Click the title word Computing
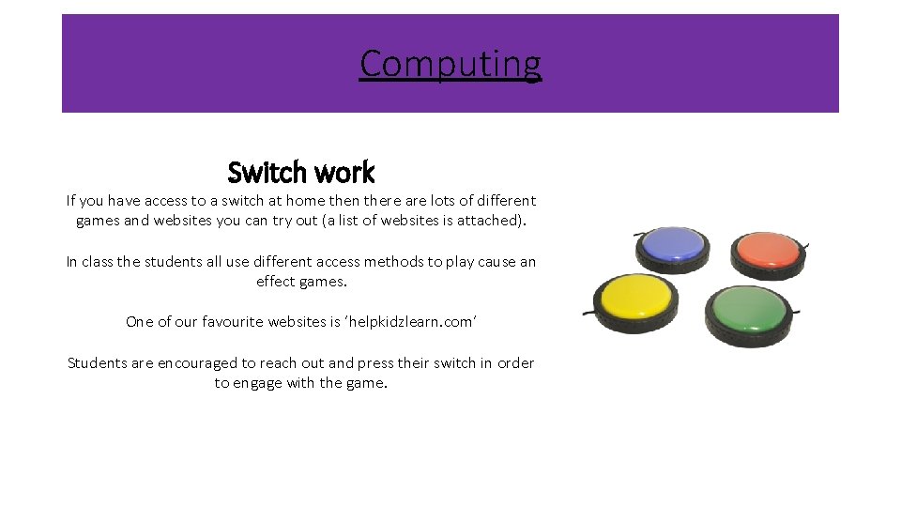[x=450, y=64]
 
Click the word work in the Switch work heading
[x=344, y=173]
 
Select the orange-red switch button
[x=769, y=250]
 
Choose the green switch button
[x=748, y=309]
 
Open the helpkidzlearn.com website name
[x=410, y=322]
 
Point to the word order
[x=514, y=363]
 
